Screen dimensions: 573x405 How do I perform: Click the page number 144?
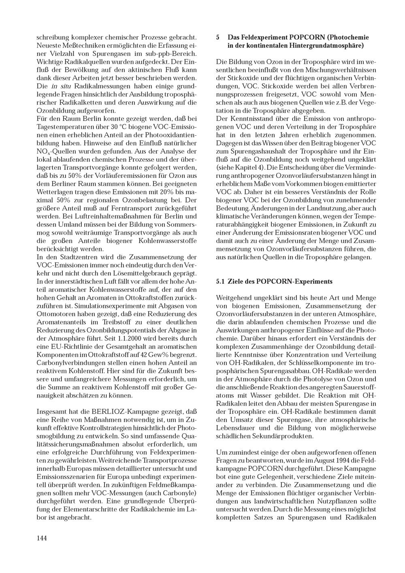(42, 538)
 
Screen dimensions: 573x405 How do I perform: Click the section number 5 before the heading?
(218, 37)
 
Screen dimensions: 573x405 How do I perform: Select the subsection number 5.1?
(220, 281)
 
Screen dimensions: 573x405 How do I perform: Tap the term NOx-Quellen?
(54, 152)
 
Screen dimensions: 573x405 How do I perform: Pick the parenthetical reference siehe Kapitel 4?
(241, 167)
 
